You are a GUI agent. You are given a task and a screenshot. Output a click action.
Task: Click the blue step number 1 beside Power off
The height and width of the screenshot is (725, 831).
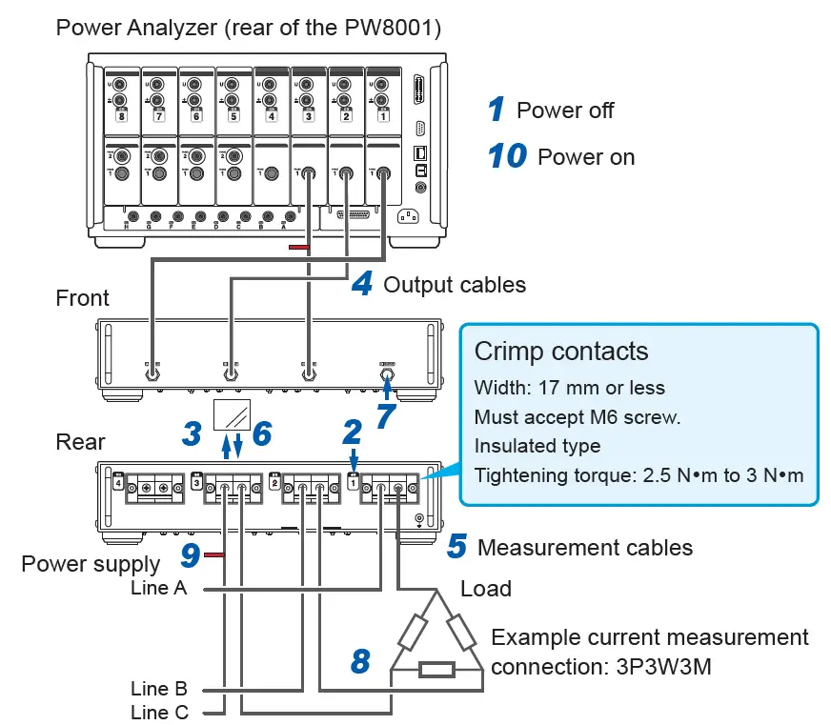click(496, 110)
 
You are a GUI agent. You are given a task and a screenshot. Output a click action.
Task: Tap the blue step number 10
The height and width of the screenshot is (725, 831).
click(507, 156)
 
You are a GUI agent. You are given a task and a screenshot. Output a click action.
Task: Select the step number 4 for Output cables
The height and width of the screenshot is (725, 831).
click(361, 283)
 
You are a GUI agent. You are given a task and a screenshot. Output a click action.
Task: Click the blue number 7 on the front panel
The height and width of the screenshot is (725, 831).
click(386, 414)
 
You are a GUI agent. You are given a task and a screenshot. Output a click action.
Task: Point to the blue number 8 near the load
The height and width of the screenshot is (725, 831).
click(360, 659)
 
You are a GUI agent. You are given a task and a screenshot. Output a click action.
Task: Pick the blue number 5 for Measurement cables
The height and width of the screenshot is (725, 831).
click(456, 547)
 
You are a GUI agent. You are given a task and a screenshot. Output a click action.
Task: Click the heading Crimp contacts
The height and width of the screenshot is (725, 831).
click(560, 352)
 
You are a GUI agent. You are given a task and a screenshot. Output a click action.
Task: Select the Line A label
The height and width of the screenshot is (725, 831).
click(159, 589)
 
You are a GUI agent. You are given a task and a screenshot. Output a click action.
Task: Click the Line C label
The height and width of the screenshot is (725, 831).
click(159, 712)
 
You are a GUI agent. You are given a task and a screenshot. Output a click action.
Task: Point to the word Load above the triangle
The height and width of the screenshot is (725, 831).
click(485, 588)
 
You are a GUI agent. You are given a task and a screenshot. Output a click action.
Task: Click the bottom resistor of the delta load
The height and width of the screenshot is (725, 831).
click(436, 668)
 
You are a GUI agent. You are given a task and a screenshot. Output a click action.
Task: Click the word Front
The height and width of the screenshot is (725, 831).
click(82, 298)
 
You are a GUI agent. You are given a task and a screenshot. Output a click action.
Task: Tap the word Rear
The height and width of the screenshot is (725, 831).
click(80, 442)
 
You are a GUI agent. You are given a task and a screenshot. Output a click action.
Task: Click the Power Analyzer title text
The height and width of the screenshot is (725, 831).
click(248, 27)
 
